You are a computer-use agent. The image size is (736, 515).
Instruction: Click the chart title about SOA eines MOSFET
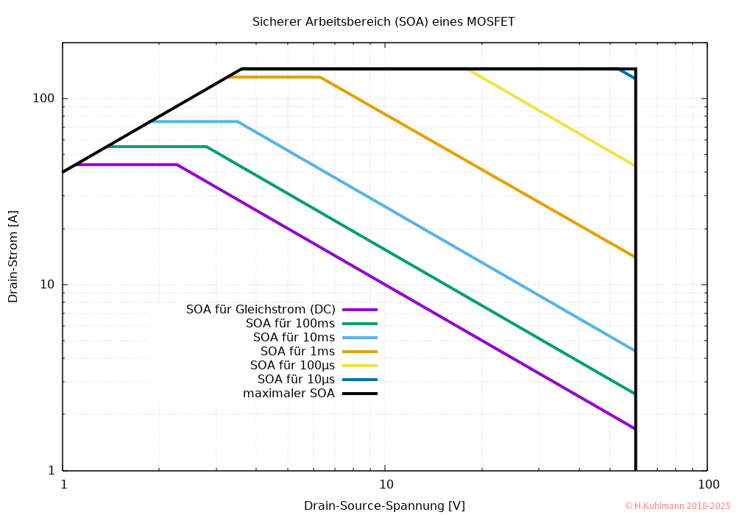click(x=383, y=22)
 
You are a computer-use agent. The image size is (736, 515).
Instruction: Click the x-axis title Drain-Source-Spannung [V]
click(x=384, y=505)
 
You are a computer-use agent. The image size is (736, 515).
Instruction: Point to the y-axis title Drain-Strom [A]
click(x=13, y=256)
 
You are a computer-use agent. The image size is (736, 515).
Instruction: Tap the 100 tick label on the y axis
click(x=47, y=99)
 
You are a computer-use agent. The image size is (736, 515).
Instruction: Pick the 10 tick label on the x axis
click(x=386, y=485)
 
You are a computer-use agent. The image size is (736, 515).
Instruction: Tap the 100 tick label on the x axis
click(x=708, y=485)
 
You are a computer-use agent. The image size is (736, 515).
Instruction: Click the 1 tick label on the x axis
click(x=63, y=485)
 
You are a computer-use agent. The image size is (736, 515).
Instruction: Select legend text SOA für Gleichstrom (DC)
click(x=261, y=309)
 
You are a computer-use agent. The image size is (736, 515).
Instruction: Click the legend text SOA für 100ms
click(x=290, y=323)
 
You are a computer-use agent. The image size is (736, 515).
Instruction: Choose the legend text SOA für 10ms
click(x=294, y=337)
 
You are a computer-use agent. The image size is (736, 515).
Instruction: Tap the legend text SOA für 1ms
click(x=297, y=351)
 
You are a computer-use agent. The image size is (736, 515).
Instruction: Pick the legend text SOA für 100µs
click(x=292, y=365)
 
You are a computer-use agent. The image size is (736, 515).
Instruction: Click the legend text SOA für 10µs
click(x=296, y=379)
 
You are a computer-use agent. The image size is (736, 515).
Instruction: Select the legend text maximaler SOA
click(x=289, y=393)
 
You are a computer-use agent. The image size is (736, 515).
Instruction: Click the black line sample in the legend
click(x=360, y=394)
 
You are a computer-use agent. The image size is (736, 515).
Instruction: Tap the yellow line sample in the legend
click(x=360, y=366)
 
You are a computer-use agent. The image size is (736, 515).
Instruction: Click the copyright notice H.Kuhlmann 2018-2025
click(x=677, y=506)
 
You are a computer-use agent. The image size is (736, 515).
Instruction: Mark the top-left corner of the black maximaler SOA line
click(x=242, y=69)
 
